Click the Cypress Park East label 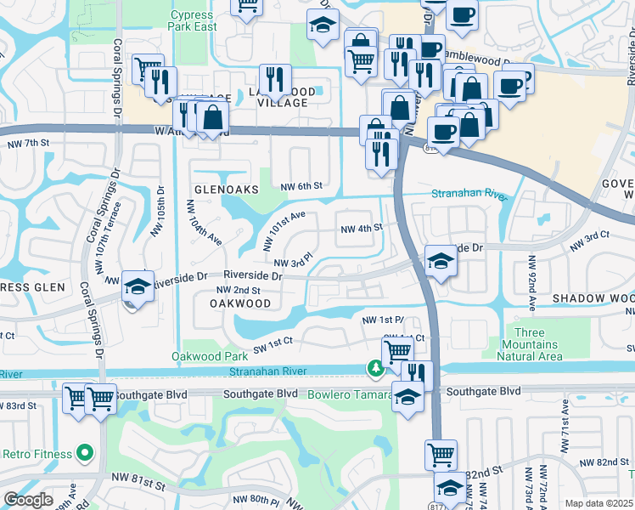(x=194, y=21)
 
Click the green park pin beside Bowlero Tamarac (x=374, y=369)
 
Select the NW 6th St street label (x=301, y=186)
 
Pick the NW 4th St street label (x=362, y=228)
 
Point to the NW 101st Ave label (x=283, y=232)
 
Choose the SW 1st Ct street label (x=269, y=341)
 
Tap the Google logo (x=28, y=500)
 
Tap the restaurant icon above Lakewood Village (x=274, y=79)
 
